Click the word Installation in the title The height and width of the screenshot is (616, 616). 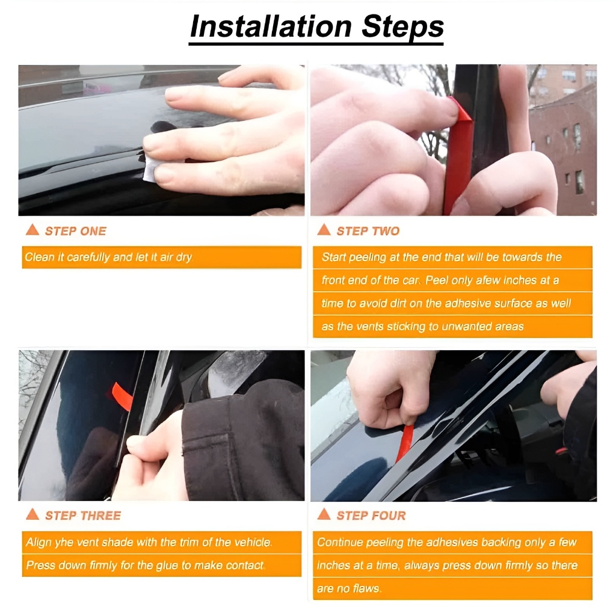point(271,26)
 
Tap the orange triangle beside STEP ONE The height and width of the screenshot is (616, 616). point(32,230)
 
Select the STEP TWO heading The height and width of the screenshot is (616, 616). point(368,231)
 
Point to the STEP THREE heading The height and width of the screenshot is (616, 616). point(83,516)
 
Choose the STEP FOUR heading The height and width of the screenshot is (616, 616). point(371,516)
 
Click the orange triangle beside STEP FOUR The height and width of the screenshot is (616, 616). point(324,514)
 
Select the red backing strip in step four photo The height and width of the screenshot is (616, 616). point(405,443)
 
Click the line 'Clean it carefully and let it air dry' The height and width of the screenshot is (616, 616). point(108,257)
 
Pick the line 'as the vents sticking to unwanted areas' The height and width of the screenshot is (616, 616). point(423,327)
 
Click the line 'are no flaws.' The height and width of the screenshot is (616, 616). point(350,588)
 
